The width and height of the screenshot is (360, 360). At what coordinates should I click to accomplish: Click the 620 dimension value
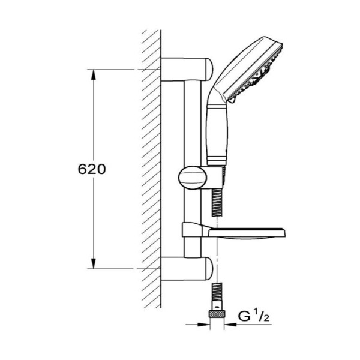coord(92,169)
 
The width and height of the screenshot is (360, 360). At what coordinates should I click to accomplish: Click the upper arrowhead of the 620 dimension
coord(93,75)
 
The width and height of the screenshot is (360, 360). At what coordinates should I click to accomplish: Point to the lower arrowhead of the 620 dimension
coord(93,263)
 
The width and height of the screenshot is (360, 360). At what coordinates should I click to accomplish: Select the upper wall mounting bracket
coord(187,70)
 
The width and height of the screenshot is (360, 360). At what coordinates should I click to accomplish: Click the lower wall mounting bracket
coord(187,269)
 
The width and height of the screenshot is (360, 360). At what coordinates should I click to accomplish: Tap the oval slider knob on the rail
coord(193,178)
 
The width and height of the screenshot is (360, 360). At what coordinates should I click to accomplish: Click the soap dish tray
coord(247,234)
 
